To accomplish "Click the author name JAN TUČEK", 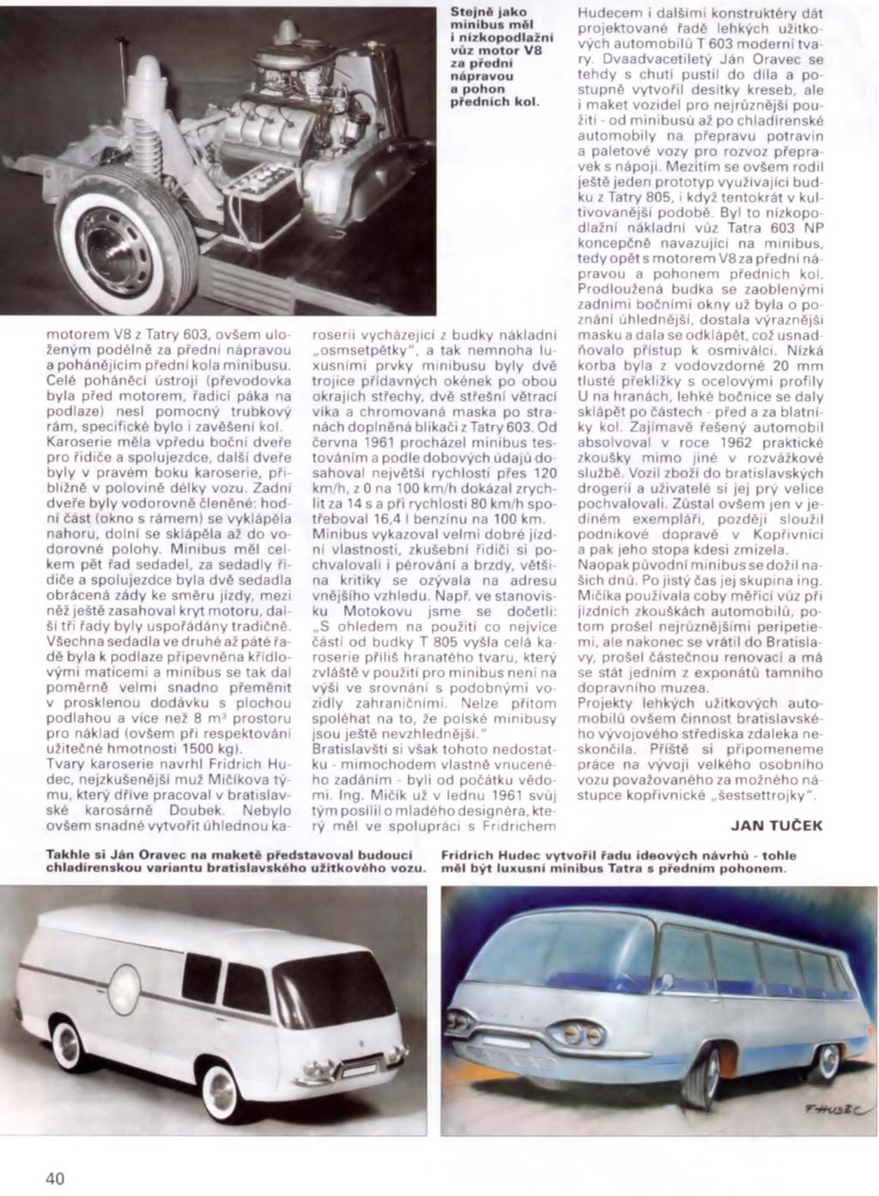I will tap(776, 826).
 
